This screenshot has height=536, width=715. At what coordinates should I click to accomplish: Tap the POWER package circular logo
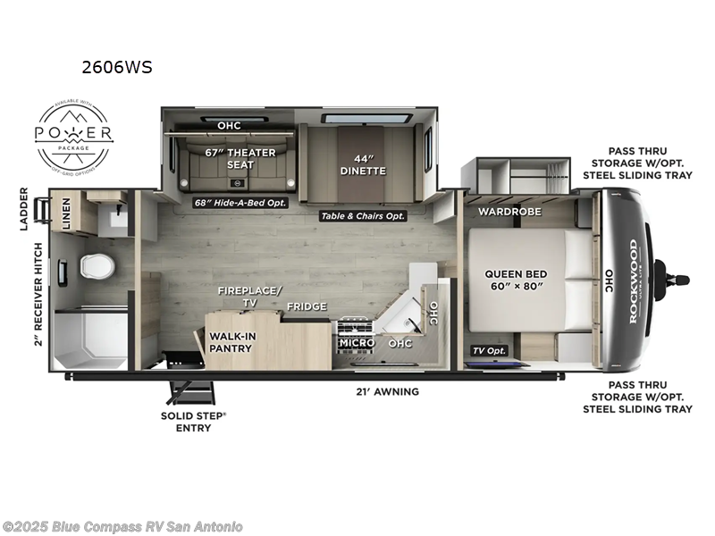(73, 135)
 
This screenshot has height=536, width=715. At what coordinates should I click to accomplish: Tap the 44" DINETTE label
(362, 164)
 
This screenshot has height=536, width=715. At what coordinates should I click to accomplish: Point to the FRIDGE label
(307, 306)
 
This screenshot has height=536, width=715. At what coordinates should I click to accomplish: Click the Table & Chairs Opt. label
(363, 216)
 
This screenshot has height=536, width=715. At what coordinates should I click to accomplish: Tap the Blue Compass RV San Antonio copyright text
(122, 527)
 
